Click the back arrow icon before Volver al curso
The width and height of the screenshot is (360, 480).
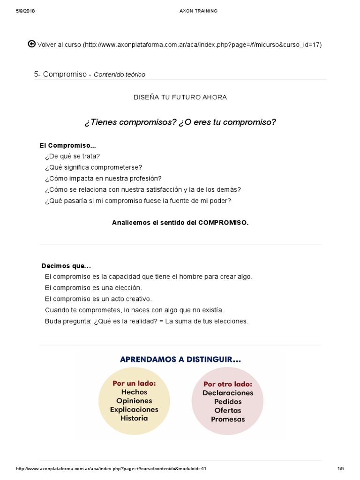pos(32,44)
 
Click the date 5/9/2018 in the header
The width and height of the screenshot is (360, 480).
pos(25,11)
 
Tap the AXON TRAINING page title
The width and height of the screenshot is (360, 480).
pos(198,11)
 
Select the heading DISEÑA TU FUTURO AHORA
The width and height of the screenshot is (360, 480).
pos(180,97)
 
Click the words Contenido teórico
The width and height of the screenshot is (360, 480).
pos(120,75)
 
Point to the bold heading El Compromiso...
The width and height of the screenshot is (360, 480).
pos(67,146)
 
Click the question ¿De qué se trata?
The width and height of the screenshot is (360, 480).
pos(72,156)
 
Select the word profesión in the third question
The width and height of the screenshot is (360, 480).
pos(145,179)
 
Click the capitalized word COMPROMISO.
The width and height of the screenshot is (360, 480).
pos(223,223)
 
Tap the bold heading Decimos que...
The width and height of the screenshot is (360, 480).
pos(66,266)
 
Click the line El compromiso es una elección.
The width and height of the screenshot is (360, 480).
pos(93,288)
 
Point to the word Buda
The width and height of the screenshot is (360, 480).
pos(52,322)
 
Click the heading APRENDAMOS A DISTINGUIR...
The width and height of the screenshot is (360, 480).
pos(180,360)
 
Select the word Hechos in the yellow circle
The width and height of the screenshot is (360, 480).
pos(134,392)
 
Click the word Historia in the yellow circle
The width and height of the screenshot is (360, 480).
pos(134,418)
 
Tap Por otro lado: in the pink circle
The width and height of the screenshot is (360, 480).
pos(228,384)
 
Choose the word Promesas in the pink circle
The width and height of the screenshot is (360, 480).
pos(228,419)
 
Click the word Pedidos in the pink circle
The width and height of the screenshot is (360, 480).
pos(228,402)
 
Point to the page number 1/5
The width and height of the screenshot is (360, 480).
pos(340,469)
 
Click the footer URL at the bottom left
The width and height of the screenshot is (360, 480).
pos(111,469)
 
